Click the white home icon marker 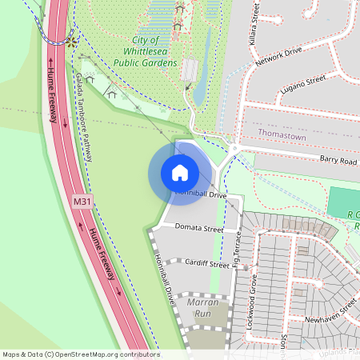(x=179, y=173)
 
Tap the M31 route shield (x=82, y=202)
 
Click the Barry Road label (x=338, y=161)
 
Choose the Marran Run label (x=197, y=308)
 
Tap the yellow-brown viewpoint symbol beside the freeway (x=72, y=39)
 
